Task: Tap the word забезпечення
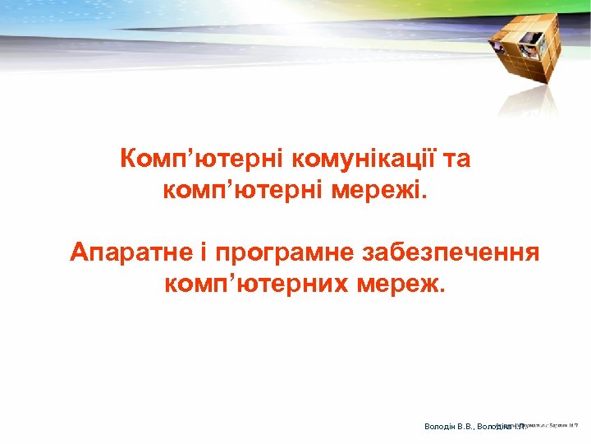pos(447,252)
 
